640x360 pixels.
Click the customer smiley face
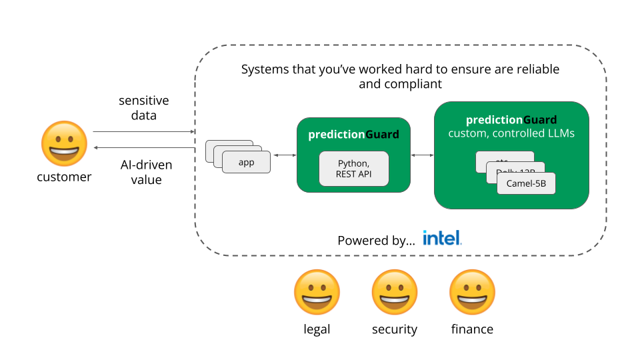64,143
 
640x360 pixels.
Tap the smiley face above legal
317,293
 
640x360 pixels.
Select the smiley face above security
395,293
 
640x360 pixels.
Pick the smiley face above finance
472,293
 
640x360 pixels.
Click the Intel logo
442,238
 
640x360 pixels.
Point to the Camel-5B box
526,183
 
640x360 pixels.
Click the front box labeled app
246,163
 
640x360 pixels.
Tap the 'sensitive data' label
144,108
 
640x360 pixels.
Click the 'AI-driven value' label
146,172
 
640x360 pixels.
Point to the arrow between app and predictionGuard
284,155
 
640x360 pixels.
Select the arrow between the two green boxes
422,155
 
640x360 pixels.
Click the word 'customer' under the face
64,177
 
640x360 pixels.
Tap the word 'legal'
317,329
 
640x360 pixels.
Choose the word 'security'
395,329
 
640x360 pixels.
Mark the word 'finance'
472,329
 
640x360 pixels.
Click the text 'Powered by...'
376,241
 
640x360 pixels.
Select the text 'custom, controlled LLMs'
511,133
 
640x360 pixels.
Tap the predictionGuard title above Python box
353,135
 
